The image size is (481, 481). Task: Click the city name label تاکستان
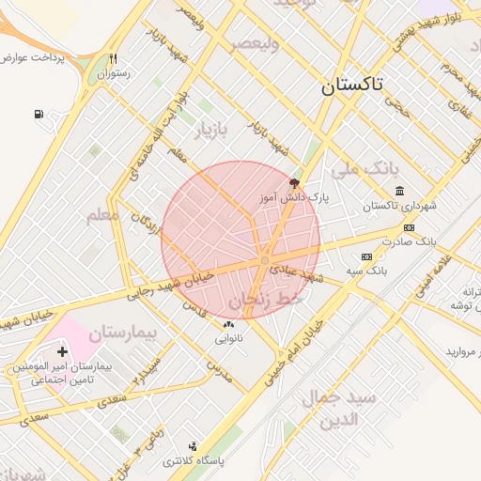click(352, 85)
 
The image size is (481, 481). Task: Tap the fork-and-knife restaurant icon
click(113, 57)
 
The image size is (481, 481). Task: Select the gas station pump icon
click(39, 116)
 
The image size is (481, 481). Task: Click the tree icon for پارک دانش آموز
click(295, 183)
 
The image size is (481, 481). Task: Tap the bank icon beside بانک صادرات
click(409, 227)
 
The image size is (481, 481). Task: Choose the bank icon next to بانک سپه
click(366, 256)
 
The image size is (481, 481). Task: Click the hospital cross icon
click(63, 351)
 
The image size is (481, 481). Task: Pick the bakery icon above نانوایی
click(228, 324)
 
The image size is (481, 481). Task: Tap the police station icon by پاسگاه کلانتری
click(194, 446)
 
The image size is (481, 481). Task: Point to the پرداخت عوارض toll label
click(33, 58)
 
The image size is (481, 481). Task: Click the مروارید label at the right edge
click(462, 351)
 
